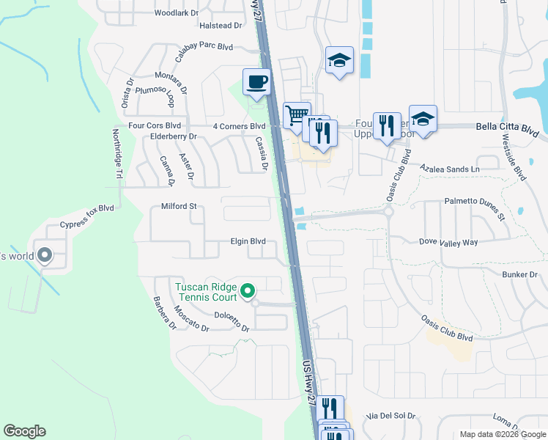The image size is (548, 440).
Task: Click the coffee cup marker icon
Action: pos(256,82)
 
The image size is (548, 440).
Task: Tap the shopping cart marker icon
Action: pos(297,115)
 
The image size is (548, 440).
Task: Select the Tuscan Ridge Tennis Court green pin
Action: pos(248,291)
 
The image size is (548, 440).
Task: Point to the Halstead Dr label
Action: pos(221,26)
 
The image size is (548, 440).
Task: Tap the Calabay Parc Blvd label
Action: pos(203,47)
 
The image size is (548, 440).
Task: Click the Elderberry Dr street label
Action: pos(173,136)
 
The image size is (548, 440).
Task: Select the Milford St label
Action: pos(180,207)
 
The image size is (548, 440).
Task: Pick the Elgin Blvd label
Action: pos(248,241)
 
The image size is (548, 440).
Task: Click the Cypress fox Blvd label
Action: pos(87,208)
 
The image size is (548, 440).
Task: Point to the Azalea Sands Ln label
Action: pos(449,169)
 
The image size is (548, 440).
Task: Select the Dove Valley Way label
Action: pos(448,241)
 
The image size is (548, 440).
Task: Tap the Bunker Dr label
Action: pos(520,274)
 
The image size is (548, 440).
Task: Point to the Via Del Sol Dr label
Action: pos(392,415)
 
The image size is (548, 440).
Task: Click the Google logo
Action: pos(24,431)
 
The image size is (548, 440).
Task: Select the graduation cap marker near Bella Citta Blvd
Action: pos(423,119)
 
